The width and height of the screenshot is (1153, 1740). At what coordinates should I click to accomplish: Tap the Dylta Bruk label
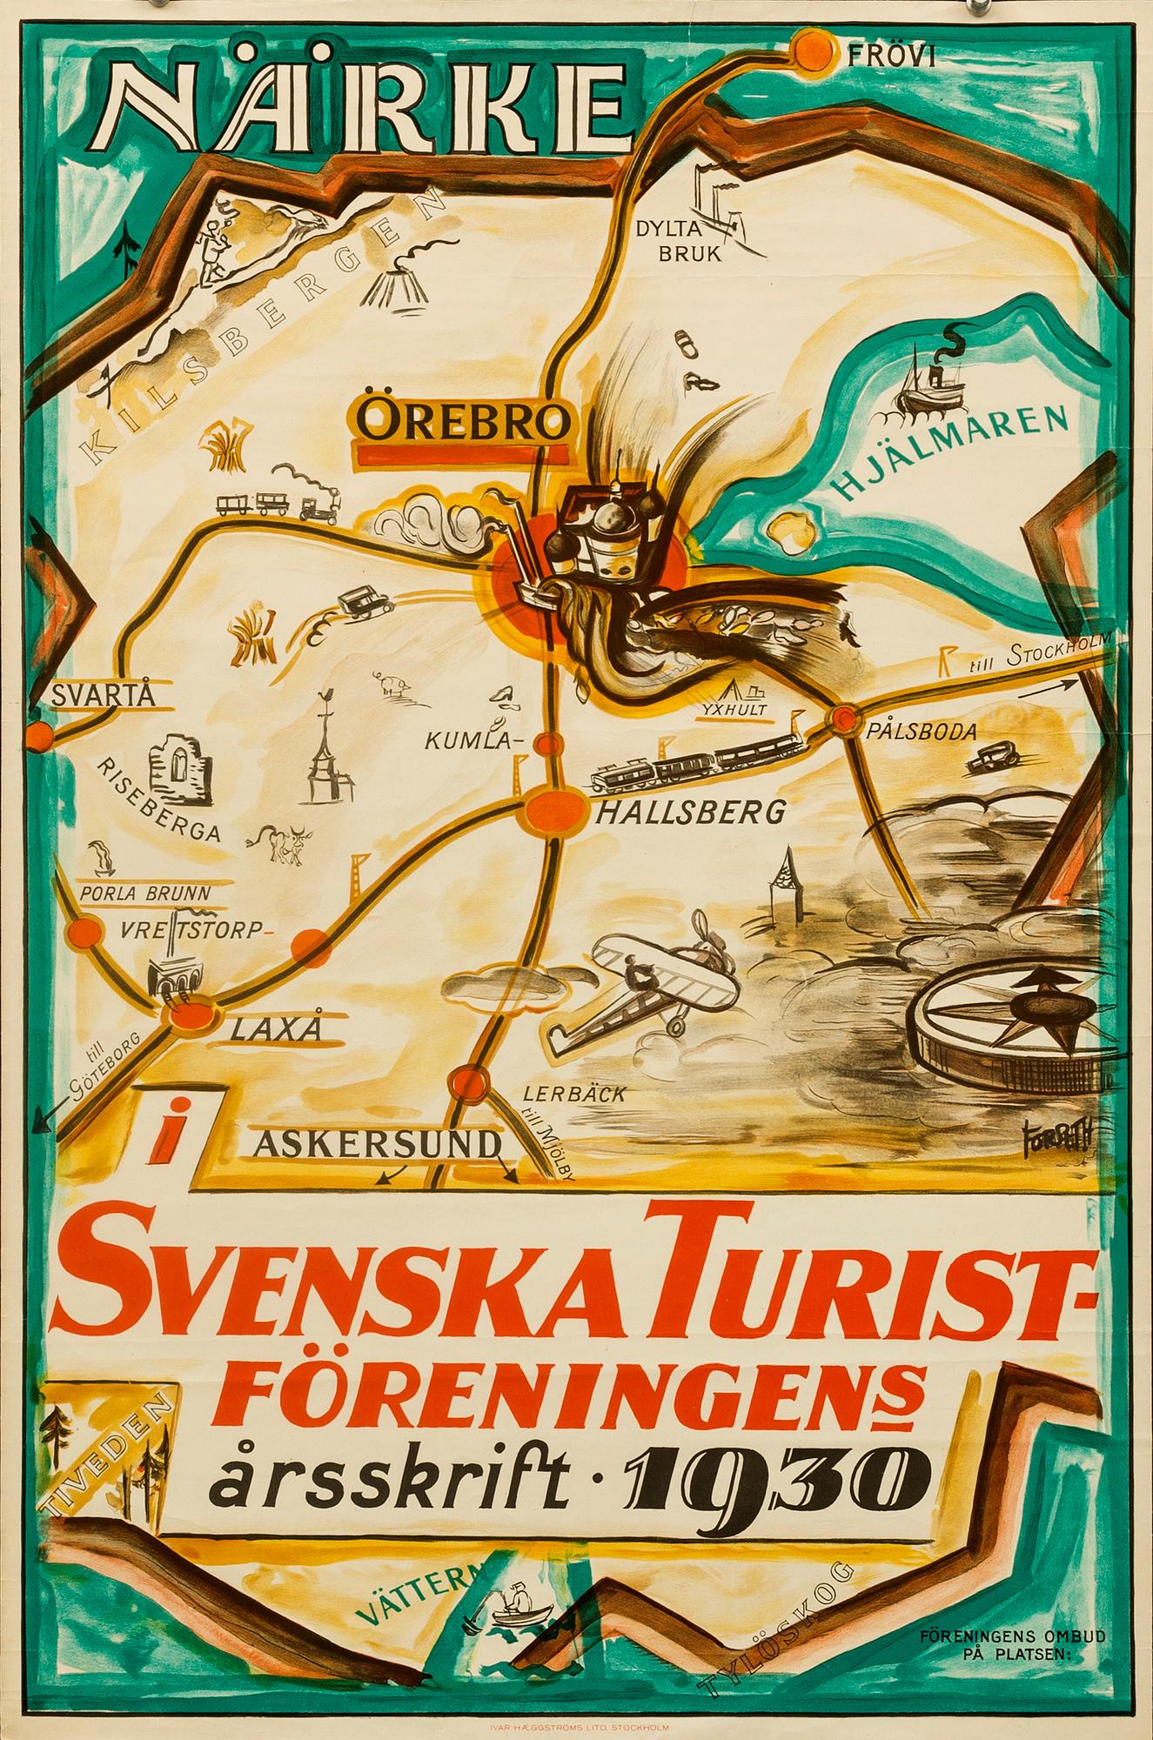point(666,243)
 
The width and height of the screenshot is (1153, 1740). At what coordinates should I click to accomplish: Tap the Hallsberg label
point(690,814)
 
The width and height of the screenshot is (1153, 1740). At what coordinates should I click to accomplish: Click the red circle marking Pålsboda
point(843,719)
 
